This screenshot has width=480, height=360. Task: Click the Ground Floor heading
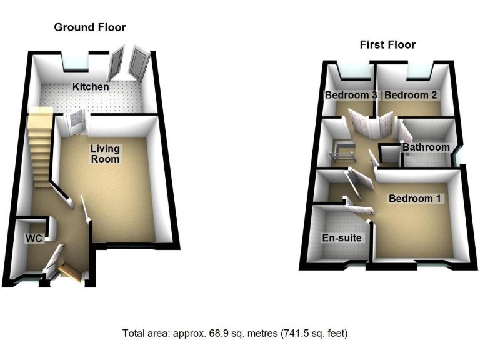click(x=89, y=27)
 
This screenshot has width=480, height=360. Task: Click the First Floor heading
click(x=387, y=45)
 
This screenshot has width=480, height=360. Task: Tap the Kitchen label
click(x=90, y=87)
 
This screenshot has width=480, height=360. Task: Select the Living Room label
click(x=105, y=154)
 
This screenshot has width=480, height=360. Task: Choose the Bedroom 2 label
click(x=410, y=96)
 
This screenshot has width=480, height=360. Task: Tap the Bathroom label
click(x=426, y=147)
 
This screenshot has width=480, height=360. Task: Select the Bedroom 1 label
click(x=416, y=199)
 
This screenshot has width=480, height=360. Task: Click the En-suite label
click(x=341, y=238)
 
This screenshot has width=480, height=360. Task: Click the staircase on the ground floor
click(x=39, y=144)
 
